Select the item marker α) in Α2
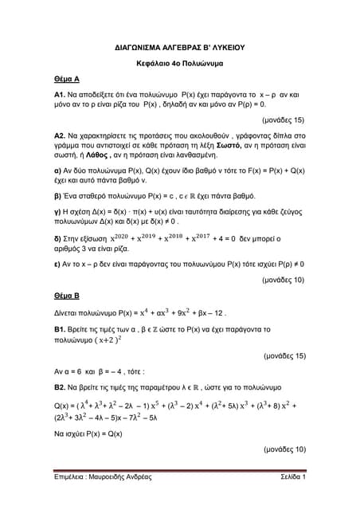click(x=48, y=172)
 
